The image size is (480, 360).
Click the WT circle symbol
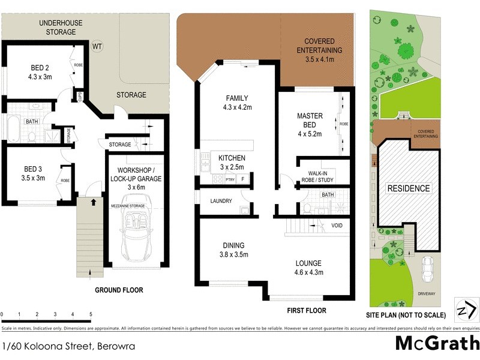[x=97, y=46]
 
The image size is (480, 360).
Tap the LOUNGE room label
[x=308, y=268]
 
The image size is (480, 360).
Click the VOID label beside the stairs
[x=337, y=226]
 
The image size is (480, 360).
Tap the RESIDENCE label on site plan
[x=408, y=188]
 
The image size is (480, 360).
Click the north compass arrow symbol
[x=466, y=310]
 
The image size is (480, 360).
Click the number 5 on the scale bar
[x=91, y=314]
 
